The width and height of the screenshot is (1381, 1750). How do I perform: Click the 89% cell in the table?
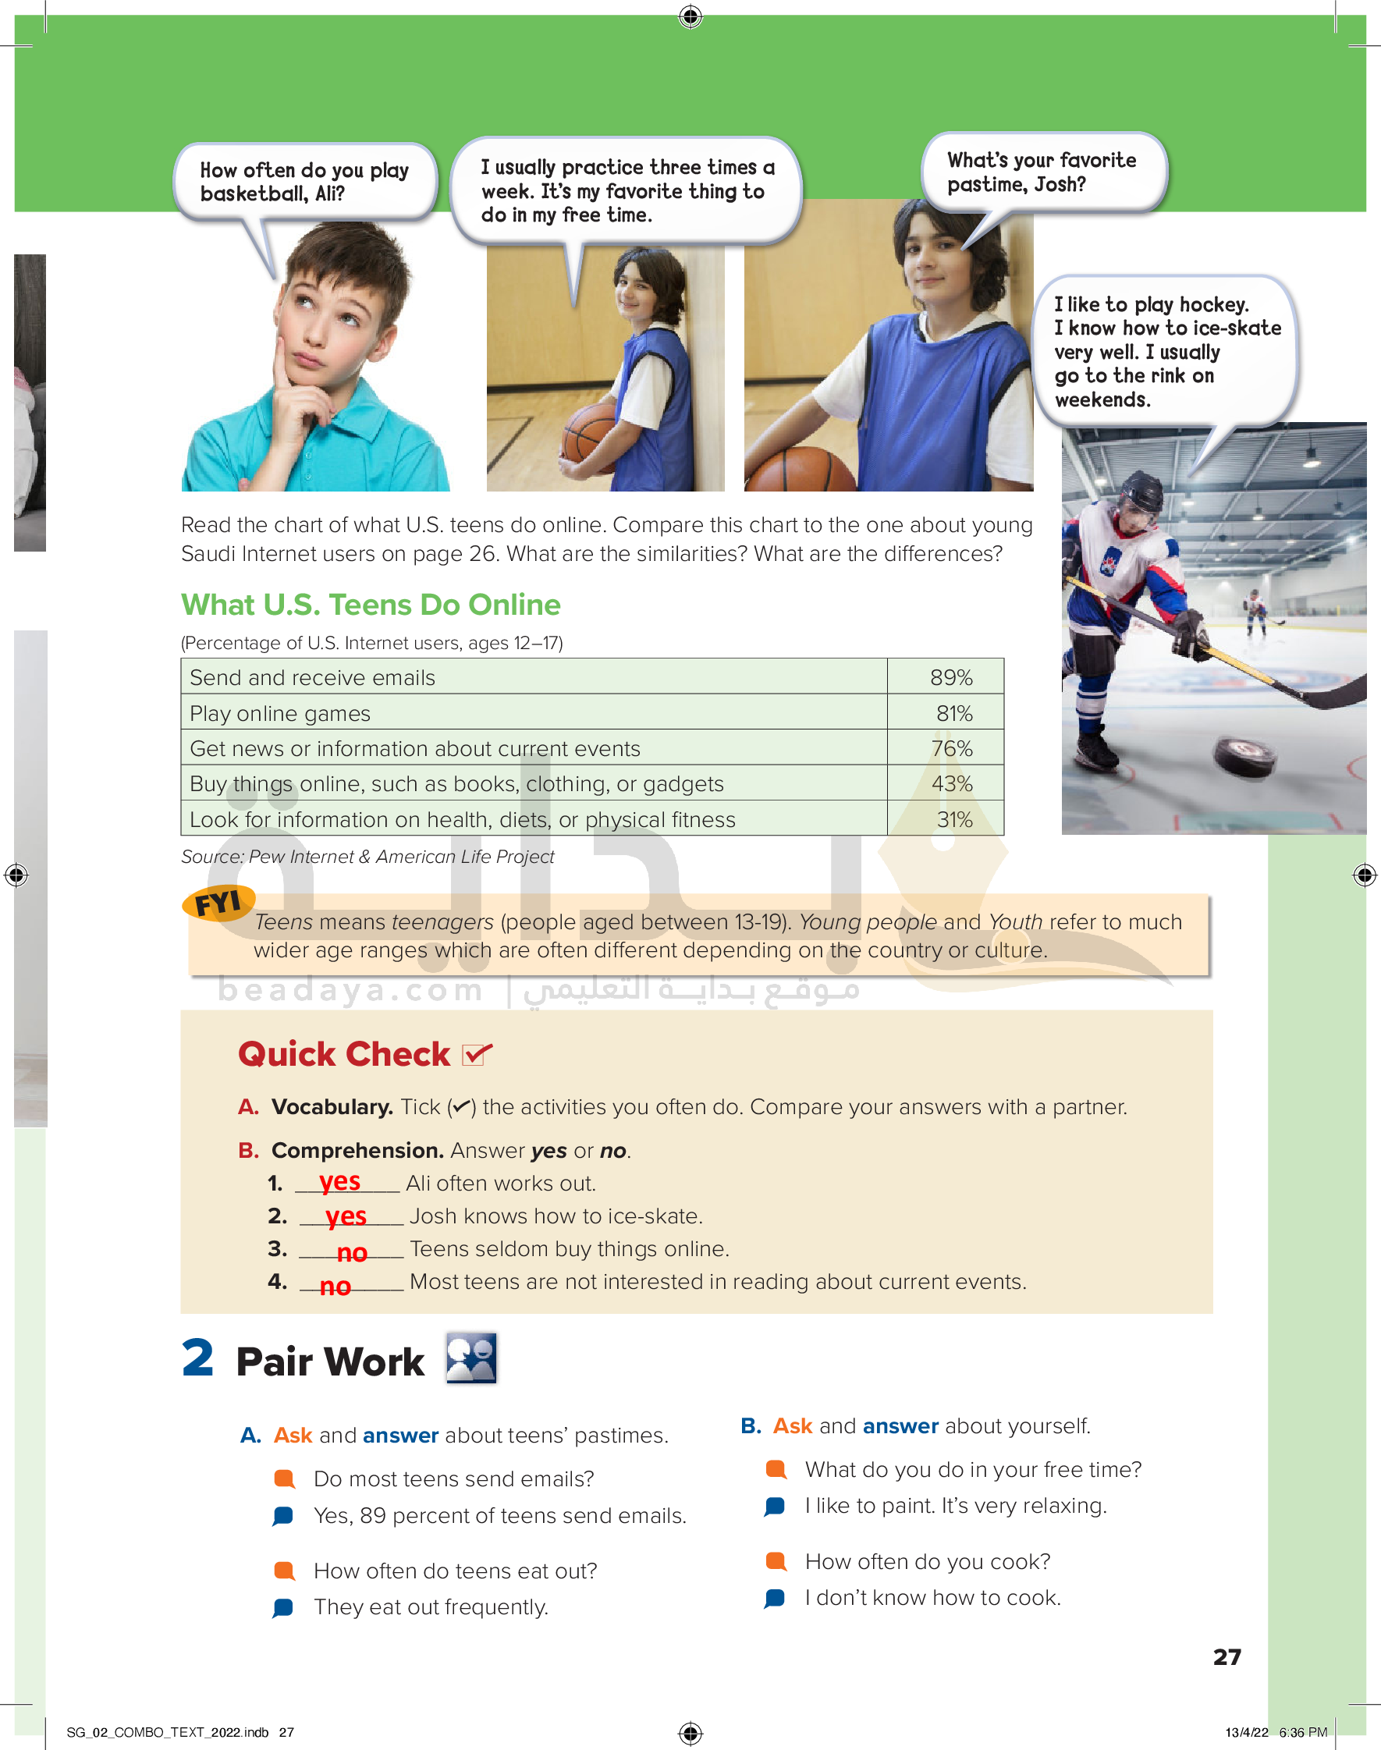pyautogui.click(x=950, y=677)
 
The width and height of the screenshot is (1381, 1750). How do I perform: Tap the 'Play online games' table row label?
pyautogui.click(x=280, y=714)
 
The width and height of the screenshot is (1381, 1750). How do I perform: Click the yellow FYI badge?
pyautogui.click(x=218, y=902)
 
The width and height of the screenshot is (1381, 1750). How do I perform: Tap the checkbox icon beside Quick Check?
pyautogui.click(x=475, y=1054)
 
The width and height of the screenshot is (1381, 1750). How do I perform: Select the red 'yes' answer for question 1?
pyautogui.click(x=339, y=1181)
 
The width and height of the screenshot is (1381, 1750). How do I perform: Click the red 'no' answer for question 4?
pyautogui.click(x=335, y=1285)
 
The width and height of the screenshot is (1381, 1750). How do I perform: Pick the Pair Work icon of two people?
pyautogui.click(x=471, y=1358)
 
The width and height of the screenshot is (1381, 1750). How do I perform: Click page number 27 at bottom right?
pyautogui.click(x=1227, y=1656)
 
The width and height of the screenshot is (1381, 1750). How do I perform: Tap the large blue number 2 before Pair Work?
pyautogui.click(x=197, y=1358)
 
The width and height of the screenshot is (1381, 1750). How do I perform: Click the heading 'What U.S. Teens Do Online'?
pyautogui.click(x=371, y=605)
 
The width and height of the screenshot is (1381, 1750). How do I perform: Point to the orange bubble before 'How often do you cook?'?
pyautogui.click(x=776, y=1560)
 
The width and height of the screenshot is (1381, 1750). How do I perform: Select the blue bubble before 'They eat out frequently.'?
pyautogui.click(x=283, y=1607)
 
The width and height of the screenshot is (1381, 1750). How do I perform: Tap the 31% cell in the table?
pyautogui.click(x=954, y=820)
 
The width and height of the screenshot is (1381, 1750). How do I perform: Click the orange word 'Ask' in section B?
pyautogui.click(x=793, y=1426)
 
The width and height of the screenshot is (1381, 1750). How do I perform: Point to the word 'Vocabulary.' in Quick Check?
pyautogui.click(x=332, y=1106)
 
